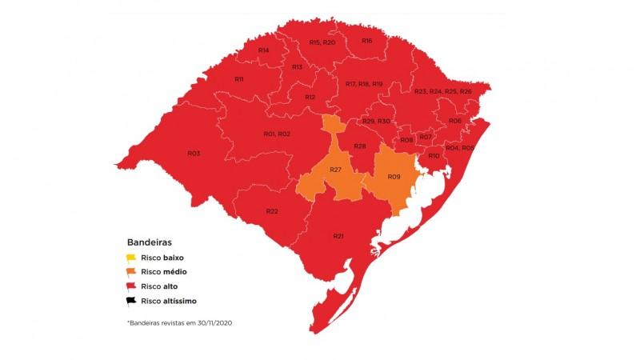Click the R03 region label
click(193, 153)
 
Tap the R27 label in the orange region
click(336, 170)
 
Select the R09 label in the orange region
click(393, 176)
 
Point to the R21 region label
click(338, 236)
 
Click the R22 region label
click(272, 211)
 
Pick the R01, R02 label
click(277, 134)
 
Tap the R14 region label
click(263, 50)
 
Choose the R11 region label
click(238, 79)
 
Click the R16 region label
click(366, 40)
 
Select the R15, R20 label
click(322, 42)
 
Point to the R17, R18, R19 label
click(364, 84)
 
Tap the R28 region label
click(359, 146)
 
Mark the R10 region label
click(434, 155)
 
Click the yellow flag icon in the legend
click(130, 258)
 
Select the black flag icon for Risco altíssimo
click(130, 301)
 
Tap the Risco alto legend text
click(161, 286)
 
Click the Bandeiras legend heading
click(150, 241)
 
